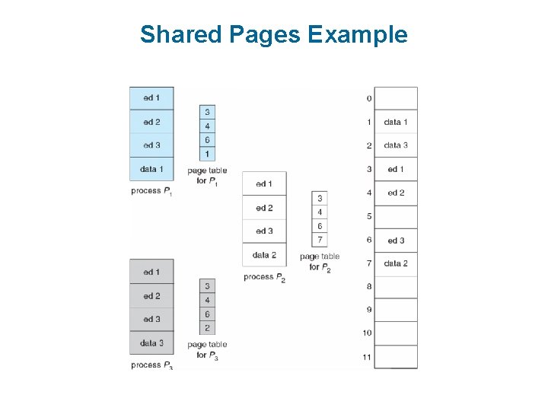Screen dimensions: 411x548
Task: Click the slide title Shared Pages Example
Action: tap(274, 34)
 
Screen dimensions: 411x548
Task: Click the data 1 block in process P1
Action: tap(151, 169)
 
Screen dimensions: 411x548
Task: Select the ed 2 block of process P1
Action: tap(151, 122)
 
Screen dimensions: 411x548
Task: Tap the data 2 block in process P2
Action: tap(264, 255)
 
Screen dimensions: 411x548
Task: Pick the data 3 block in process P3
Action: tap(151, 343)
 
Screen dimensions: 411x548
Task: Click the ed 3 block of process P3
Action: tap(151, 320)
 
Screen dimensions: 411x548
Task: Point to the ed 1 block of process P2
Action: tap(264, 183)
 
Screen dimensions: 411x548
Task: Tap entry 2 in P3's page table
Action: tap(207, 329)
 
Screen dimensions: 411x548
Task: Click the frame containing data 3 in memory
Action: tap(396, 145)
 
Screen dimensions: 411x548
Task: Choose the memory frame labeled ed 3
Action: tap(396, 241)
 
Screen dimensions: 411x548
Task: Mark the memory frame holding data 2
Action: tap(396, 263)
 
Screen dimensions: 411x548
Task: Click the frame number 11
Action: tap(367, 357)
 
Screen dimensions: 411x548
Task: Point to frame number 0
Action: tap(369, 98)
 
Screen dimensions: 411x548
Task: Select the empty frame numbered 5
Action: tap(396, 216)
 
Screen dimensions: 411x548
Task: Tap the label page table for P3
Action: tap(207, 350)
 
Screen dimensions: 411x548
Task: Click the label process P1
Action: tap(151, 191)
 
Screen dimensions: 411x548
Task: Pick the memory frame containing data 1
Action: tap(396, 122)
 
